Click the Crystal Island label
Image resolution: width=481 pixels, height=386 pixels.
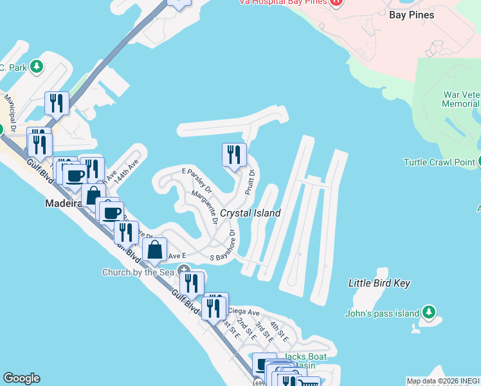coord(250,213)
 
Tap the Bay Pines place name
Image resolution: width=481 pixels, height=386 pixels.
coord(412,15)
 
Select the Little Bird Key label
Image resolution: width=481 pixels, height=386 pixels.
coord(379,283)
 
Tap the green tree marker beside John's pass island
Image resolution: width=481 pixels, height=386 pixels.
coord(429,314)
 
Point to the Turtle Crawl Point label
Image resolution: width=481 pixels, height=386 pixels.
coord(439,162)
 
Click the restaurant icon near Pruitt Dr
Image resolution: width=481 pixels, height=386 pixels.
coord(234,155)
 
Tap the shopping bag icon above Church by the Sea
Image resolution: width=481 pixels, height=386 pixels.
coord(155,250)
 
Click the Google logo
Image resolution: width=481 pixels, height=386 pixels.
coord(21,378)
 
